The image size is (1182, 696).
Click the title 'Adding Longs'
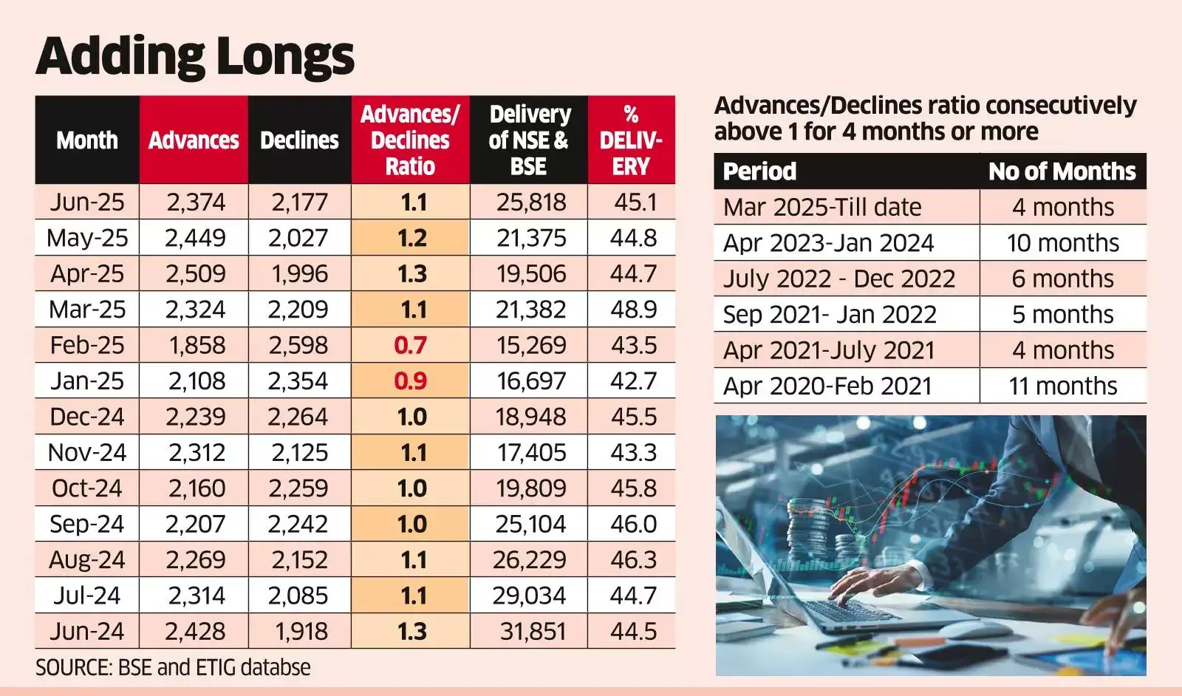coord(195,56)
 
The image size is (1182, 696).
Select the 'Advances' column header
coord(194,140)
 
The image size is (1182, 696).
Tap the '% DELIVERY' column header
coord(631,140)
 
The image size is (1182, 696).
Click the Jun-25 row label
coord(87,202)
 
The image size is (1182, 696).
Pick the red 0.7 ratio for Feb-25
coord(410,345)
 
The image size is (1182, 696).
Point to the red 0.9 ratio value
coord(410,381)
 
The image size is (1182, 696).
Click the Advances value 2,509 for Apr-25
coord(195,273)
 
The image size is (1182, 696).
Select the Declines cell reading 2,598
coord(298,345)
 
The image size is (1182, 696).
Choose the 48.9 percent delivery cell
coord(633,309)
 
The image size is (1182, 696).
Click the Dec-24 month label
coord(87,417)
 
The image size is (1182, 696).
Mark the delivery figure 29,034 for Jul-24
coord(530,596)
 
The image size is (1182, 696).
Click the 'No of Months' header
coord(1062,171)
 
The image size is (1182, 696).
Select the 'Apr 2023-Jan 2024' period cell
coord(828,243)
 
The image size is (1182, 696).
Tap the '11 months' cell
coord(1062,386)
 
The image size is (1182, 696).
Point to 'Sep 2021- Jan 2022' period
coord(829,315)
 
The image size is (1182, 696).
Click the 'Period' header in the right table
coord(759,171)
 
